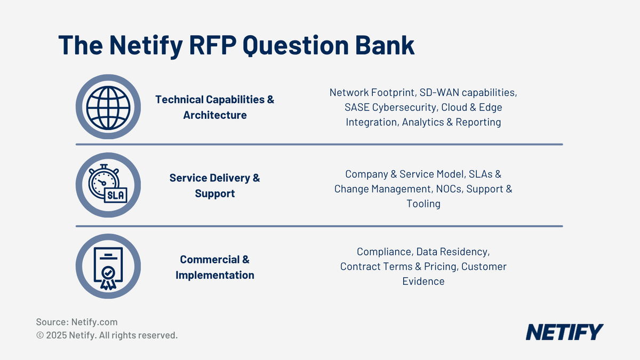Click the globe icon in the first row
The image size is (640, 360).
[108, 107]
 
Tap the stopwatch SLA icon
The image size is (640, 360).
[108, 185]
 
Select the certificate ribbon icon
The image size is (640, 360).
[108, 267]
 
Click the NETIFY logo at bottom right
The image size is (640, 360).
[564, 332]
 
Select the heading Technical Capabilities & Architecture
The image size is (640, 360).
[215, 107]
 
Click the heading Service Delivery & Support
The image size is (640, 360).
[215, 186]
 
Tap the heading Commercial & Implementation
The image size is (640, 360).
[215, 267]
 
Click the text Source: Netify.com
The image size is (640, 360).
[77, 322]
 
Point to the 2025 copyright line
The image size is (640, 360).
[107, 335]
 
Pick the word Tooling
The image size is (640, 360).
[423, 204]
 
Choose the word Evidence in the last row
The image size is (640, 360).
[423, 281]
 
